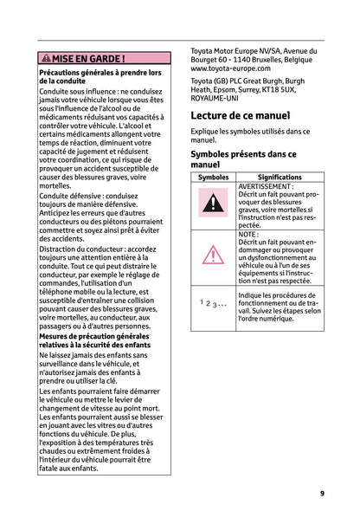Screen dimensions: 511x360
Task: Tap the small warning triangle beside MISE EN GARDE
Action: [x=45, y=59]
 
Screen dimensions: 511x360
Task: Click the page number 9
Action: [x=322, y=493]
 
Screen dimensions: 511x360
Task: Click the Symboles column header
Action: [x=213, y=177]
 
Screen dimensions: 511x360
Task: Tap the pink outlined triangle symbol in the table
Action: [x=213, y=256]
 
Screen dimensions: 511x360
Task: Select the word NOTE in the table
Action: [x=247, y=235]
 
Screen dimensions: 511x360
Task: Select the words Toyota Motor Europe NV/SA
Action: [x=229, y=49]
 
